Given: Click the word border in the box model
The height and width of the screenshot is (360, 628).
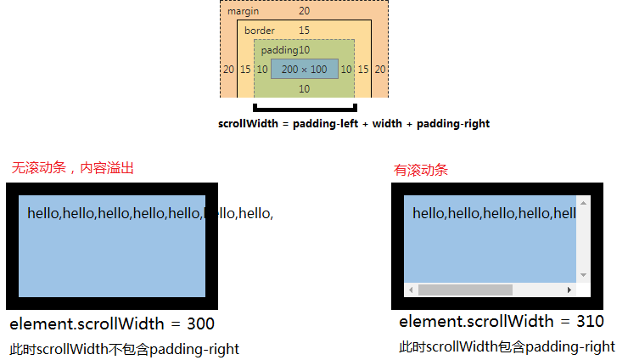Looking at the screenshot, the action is pyautogui.click(x=259, y=31).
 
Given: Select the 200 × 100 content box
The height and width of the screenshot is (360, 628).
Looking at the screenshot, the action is pyautogui.click(x=304, y=70).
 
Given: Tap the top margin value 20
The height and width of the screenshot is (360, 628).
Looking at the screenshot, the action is pyautogui.click(x=304, y=11).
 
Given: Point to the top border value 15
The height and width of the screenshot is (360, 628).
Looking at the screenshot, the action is pyautogui.click(x=304, y=31).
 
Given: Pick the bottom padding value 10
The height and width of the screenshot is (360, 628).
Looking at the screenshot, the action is pyautogui.click(x=304, y=88).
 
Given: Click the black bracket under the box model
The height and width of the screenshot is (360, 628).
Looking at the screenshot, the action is pyautogui.click(x=305, y=108).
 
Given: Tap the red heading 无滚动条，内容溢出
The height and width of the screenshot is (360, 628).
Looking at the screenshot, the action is pyautogui.click(x=72, y=168).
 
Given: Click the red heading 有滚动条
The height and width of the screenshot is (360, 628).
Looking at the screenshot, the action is pyautogui.click(x=421, y=170).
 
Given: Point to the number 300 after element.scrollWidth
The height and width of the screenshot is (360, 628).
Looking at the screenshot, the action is pyautogui.click(x=200, y=323).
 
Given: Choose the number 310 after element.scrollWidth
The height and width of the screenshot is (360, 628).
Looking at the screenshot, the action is pyautogui.click(x=590, y=321).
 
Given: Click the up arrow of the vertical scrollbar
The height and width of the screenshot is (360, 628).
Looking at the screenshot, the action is pyautogui.click(x=583, y=204).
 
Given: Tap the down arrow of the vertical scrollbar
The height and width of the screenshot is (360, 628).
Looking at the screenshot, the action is pyautogui.click(x=583, y=275).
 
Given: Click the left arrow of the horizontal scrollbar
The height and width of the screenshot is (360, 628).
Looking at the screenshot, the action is pyautogui.click(x=411, y=290).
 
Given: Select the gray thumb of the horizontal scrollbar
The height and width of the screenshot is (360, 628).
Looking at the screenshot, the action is pyautogui.click(x=465, y=290).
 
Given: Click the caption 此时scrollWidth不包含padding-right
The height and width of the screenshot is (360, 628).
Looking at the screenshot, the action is pyautogui.click(x=125, y=349).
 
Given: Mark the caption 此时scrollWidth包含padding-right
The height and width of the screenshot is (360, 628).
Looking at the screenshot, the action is pyautogui.click(x=507, y=346).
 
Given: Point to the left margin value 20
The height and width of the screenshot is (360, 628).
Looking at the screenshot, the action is pyautogui.click(x=227, y=70).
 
